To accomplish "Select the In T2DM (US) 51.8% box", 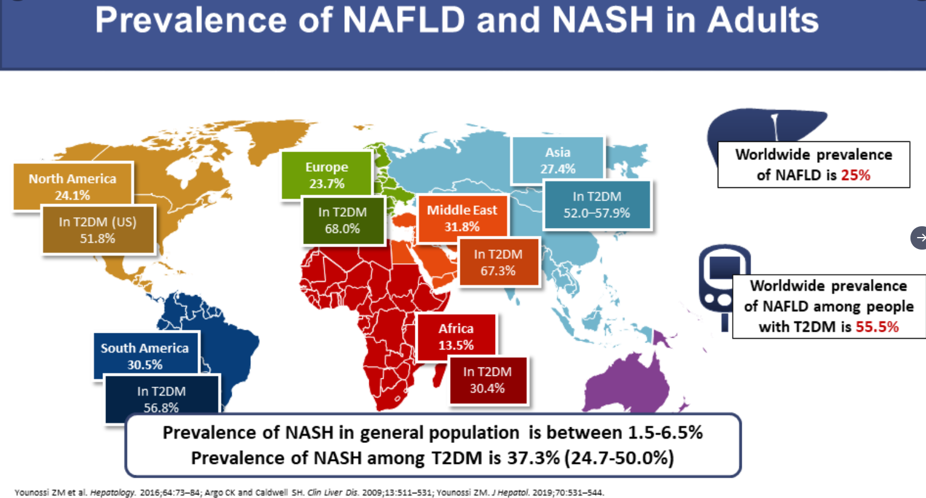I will pos(98,230).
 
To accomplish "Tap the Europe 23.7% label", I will pos(327,175).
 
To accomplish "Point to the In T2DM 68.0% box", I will pos(342,220).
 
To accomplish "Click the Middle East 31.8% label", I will pos(462,218).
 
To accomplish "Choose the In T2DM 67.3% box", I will pos(498,262).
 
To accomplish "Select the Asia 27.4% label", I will pos(557,160).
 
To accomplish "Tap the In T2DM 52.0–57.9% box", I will pos(597,205).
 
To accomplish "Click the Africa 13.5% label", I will pos(456,336).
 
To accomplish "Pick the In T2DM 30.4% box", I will pos(487,380).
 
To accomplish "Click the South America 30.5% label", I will pos(145,356).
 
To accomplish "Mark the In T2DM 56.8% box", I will pos(161,399).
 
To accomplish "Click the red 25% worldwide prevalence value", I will pos(855,175).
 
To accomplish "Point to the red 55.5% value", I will pos(877,327).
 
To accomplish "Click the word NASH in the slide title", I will pos(602,20).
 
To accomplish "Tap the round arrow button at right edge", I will pos(919,238).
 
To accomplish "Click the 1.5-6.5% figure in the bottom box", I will pos(664,433).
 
